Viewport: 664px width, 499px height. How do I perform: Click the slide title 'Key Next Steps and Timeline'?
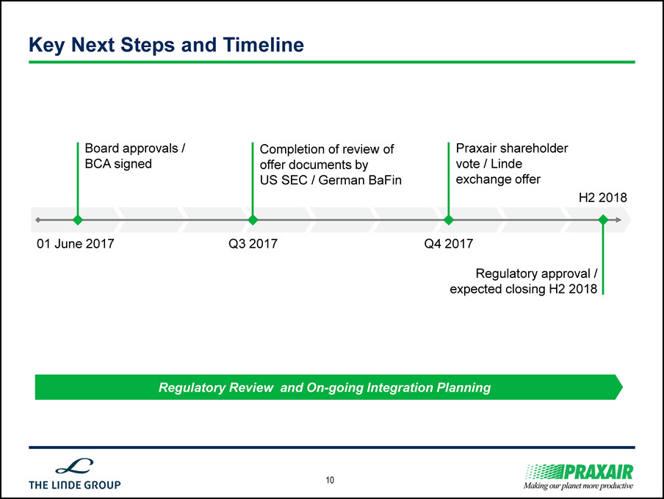click(167, 46)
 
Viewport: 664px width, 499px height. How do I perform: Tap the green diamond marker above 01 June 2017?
click(78, 220)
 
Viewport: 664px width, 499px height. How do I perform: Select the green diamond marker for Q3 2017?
click(253, 220)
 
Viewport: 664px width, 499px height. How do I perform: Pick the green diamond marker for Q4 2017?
click(449, 220)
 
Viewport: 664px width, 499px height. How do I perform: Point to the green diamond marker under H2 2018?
click(603, 220)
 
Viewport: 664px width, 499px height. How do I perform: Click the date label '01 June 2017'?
click(76, 243)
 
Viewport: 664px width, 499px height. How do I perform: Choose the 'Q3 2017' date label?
click(253, 243)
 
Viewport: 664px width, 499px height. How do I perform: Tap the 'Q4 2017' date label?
click(449, 243)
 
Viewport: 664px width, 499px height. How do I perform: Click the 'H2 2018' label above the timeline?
click(602, 198)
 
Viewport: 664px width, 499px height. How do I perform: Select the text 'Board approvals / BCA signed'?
click(135, 156)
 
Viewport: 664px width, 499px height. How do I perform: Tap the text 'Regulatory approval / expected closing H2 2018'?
click(524, 281)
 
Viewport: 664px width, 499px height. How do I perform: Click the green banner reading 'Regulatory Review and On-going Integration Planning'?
click(328, 387)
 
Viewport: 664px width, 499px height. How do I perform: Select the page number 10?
click(330, 480)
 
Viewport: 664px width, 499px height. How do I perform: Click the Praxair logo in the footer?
click(580, 472)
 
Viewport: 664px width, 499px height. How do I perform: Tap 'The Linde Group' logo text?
click(74, 484)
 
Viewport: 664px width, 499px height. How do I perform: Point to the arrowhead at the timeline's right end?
click(618, 220)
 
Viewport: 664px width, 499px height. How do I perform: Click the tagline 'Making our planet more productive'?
click(578, 486)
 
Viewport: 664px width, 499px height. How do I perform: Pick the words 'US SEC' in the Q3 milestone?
click(284, 180)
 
